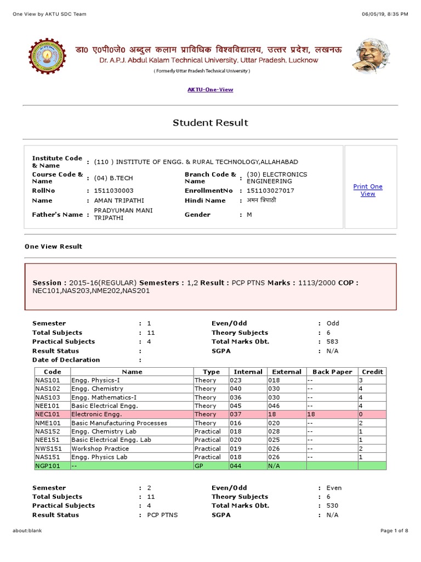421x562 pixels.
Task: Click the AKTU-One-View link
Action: pos(210,89)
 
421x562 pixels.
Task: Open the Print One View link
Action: pos(368,190)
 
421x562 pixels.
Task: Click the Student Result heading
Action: pos(210,122)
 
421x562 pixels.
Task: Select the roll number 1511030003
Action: pos(113,190)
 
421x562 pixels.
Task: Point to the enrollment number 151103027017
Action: pos(270,190)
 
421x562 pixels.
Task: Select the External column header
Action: pos(286,372)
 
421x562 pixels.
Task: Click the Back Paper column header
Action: pos(332,372)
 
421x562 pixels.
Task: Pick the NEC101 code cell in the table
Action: pos(52,414)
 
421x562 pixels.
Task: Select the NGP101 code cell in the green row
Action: pos(52,465)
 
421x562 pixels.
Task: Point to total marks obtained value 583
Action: pos(333,341)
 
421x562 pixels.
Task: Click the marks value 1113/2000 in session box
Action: pos(316,283)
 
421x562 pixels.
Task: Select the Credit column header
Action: pos(372,372)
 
